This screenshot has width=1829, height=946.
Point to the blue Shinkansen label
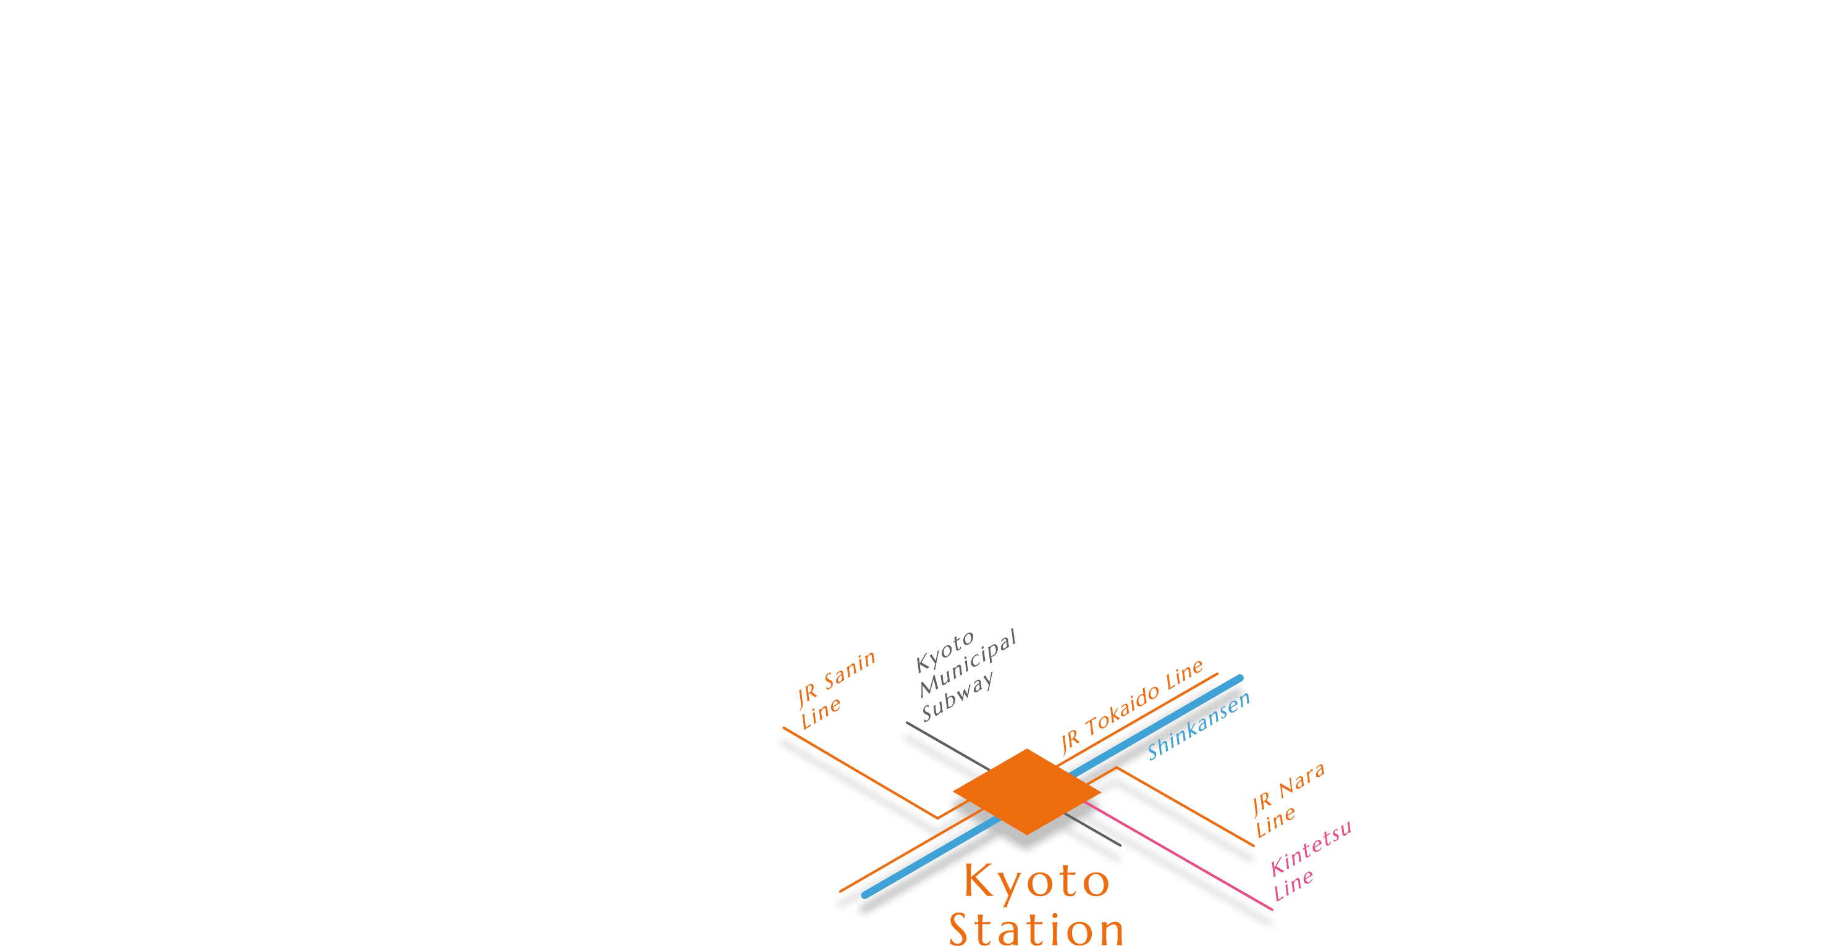click(1199, 726)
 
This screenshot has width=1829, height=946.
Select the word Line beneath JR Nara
click(1276, 822)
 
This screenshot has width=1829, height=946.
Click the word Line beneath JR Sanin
click(821, 713)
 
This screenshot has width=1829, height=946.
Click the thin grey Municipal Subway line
click(944, 745)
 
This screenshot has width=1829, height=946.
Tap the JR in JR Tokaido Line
click(1070, 742)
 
